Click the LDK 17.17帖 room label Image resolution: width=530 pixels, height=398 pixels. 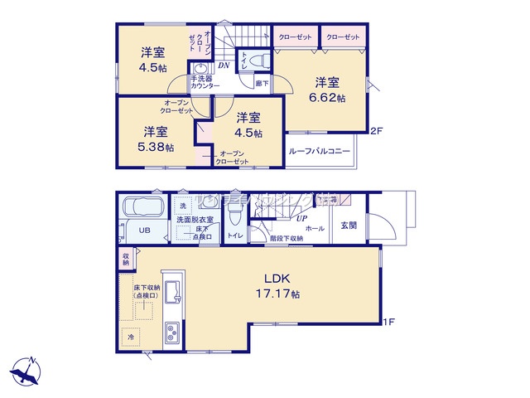click(282, 286)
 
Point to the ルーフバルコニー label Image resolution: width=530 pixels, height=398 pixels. click(320, 152)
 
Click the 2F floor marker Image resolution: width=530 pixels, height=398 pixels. click(376, 130)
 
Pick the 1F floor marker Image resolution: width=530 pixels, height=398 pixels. click(387, 323)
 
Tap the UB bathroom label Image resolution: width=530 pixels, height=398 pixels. click(143, 231)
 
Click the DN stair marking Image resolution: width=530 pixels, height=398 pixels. click(224, 66)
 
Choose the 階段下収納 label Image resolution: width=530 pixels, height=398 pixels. click(286, 238)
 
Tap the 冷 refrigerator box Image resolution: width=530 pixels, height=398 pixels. click(130, 337)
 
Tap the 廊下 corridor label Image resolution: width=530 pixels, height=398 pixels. click(262, 83)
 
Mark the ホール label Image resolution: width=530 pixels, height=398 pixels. click(315, 226)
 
